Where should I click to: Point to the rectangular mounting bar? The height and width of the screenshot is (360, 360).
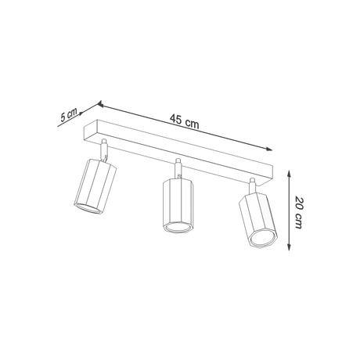(184, 149)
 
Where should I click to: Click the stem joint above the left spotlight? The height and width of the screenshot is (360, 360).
(103, 147)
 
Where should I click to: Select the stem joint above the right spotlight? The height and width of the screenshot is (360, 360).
(252, 185)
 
